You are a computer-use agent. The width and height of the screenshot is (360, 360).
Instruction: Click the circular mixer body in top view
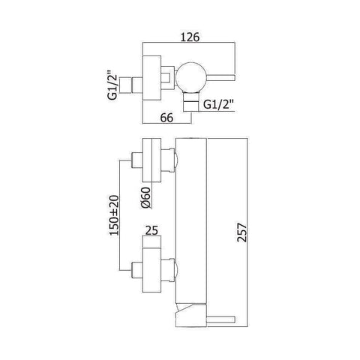pyautogui.click(x=188, y=77)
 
